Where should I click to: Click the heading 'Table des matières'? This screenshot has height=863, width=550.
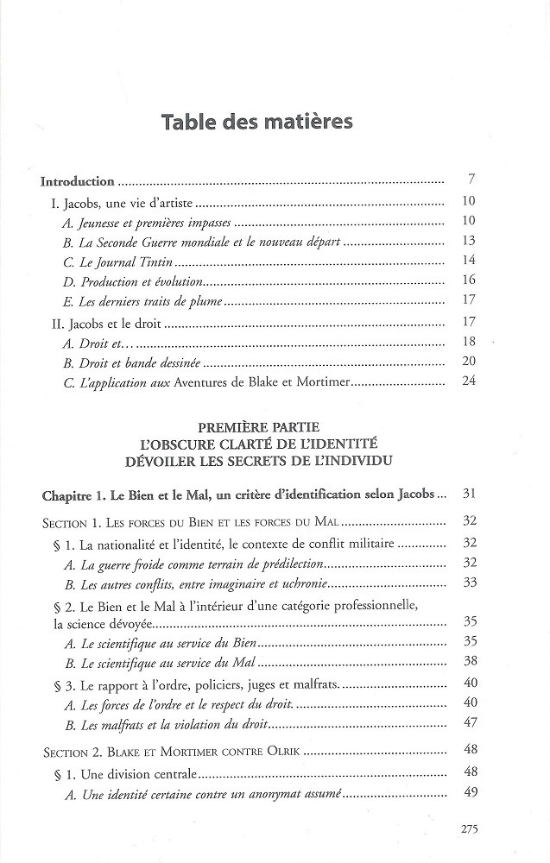click(256, 123)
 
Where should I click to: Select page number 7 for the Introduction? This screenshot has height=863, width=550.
click(471, 181)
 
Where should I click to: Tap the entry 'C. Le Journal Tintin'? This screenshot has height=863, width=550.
click(109, 261)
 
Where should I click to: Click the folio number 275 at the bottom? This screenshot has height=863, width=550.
click(470, 829)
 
